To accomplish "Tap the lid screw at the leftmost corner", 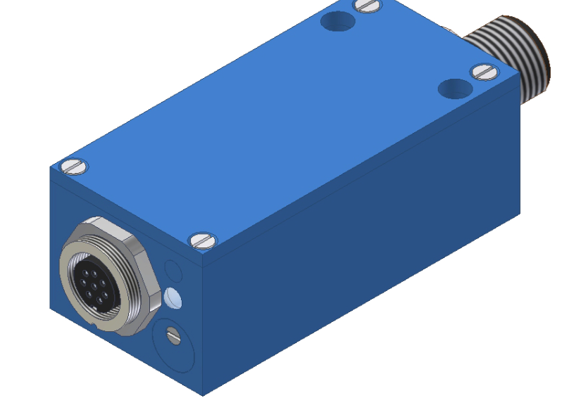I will (74, 167).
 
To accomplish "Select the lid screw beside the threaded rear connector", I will (483, 71).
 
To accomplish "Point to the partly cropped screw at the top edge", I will (368, 6).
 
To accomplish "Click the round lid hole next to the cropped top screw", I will (338, 21).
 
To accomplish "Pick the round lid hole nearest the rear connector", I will (454, 89).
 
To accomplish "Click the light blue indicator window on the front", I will (173, 300).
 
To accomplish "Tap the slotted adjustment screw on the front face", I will (173, 336).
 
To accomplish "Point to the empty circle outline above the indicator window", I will (171, 270).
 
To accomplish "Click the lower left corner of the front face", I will (51, 309).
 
